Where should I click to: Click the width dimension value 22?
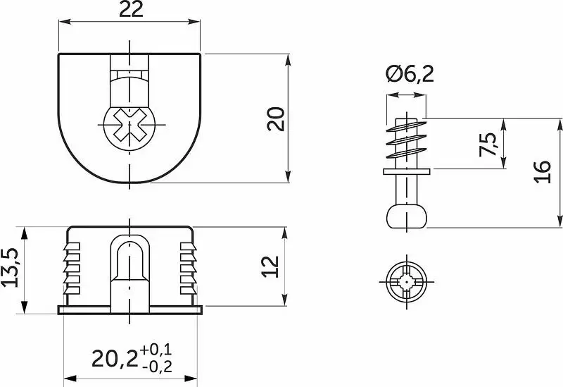coord(131,10)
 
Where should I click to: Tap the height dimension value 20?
coord(276,118)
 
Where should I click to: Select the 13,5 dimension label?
coord(10,267)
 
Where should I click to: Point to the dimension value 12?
coord(270,266)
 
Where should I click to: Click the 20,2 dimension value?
coord(115,359)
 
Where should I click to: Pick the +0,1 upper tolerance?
coord(156,350)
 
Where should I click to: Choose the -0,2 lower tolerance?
coord(157,367)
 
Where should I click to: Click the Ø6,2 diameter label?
coord(410,75)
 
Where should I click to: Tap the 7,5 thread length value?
coord(488,145)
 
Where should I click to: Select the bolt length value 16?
coord(543,172)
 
